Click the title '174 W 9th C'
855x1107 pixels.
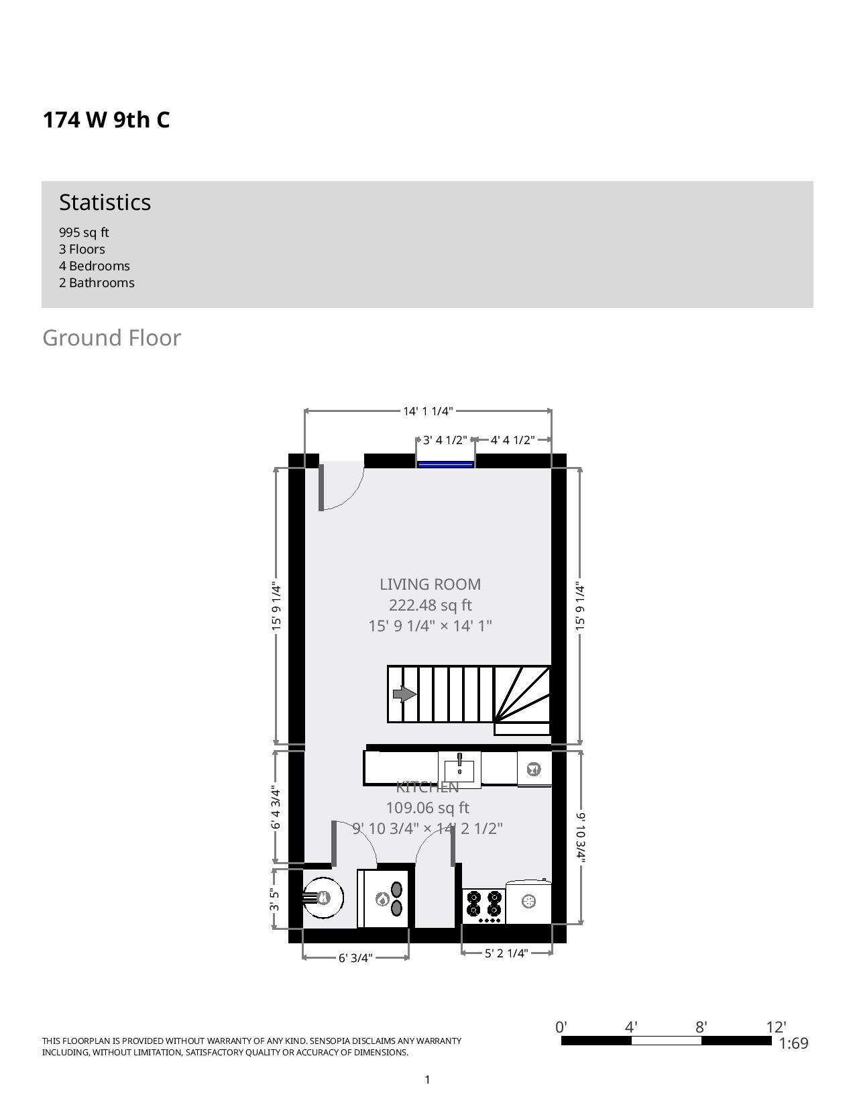tap(106, 120)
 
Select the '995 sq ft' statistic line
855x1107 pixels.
tap(84, 233)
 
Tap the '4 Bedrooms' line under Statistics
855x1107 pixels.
tap(95, 266)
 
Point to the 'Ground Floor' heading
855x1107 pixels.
tap(111, 338)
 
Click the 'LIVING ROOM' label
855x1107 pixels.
tap(430, 584)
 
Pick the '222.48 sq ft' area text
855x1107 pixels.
tap(430, 605)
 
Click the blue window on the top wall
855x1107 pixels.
tap(446, 463)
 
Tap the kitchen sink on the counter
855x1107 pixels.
tap(459, 768)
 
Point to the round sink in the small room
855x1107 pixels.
tap(323, 898)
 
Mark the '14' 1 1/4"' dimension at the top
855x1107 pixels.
tap(428, 411)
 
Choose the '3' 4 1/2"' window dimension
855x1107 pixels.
tap(445, 440)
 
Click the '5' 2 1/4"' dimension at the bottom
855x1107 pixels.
tap(506, 953)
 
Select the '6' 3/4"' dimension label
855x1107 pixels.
tap(355, 957)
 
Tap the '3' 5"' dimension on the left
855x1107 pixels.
tap(274, 899)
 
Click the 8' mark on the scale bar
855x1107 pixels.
tap(701, 1027)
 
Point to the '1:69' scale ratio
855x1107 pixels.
tap(793, 1043)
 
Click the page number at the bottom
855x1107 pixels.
tap(427, 1079)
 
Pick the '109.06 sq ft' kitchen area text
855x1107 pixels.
tap(427, 808)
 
